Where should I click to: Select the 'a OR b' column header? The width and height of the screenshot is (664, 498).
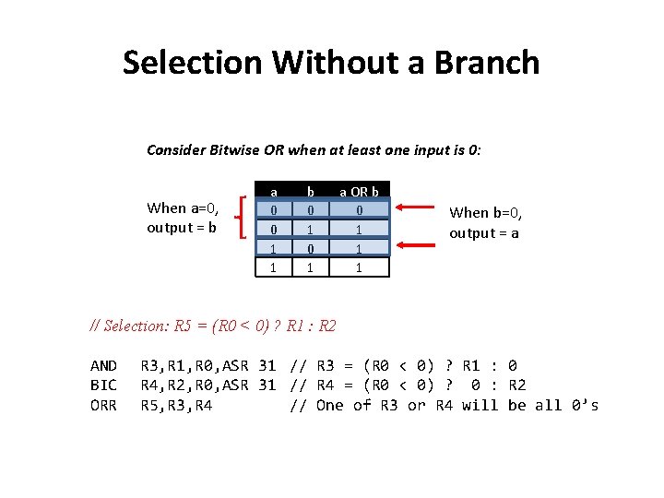[359, 192]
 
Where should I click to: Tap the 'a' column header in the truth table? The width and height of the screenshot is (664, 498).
[273, 192]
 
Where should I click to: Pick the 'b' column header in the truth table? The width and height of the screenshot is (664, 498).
[311, 192]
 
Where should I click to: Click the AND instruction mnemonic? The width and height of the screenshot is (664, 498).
[103, 366]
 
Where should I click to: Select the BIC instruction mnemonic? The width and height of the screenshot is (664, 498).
[103, 385]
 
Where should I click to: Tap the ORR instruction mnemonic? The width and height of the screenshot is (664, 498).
[103, 405]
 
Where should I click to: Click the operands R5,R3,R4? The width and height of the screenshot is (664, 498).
[176, 405]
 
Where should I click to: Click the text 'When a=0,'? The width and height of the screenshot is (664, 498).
[181, 207]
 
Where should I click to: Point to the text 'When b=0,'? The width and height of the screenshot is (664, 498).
[484, 212]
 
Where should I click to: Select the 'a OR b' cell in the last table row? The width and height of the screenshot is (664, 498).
[359, 267]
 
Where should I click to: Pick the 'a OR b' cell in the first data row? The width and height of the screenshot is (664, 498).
[359, 210]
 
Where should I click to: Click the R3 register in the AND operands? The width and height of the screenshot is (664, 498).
[149, 366]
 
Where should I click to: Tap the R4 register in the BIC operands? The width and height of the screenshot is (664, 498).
[149, 385]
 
